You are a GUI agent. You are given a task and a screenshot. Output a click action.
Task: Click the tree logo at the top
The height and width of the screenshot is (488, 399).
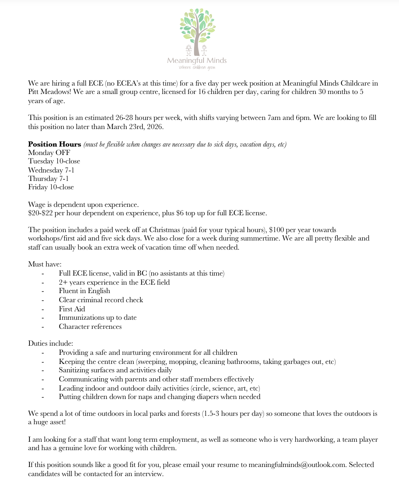pyautogui.click(x=197, y=32)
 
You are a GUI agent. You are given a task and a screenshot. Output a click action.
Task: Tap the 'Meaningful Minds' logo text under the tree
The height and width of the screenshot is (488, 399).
pyautogui.click(x=197, y=61)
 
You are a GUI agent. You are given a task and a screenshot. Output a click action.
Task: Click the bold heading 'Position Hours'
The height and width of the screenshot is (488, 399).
pyautogui.click(x=54, y=144)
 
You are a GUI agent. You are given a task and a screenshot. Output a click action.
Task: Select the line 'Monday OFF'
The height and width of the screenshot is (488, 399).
pyautogui.click(x=49, y=152)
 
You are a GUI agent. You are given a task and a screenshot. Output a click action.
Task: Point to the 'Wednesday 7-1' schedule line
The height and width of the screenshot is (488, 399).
pyautogui.click(x=51, y=170)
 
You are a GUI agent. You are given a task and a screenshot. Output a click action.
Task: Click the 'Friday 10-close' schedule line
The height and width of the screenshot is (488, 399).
pyautogui.click(x=51, y=187)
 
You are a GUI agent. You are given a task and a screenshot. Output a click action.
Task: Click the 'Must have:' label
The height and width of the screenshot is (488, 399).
pyautogui.click(x=45, y=264)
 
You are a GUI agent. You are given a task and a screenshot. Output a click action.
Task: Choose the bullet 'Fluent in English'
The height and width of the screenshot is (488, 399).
pyautogui.click(x=84, y=291)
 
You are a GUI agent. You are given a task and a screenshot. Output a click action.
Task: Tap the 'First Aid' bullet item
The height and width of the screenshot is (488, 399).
pyautogui.click(x=72, y=309)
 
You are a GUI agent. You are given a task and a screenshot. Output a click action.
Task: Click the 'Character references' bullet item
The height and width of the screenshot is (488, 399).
pyautogui.click(x=90, y=326)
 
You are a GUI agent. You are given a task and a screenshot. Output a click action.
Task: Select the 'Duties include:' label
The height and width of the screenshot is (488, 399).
pyautogui.click(x=51, y=343)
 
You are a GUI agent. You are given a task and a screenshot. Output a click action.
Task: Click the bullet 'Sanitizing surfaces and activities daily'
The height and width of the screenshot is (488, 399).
pyautogui.click(x=115, y=370)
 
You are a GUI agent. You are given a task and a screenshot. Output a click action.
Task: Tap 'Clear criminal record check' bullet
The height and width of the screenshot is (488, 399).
pyautogui.click(x=101, y=300)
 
